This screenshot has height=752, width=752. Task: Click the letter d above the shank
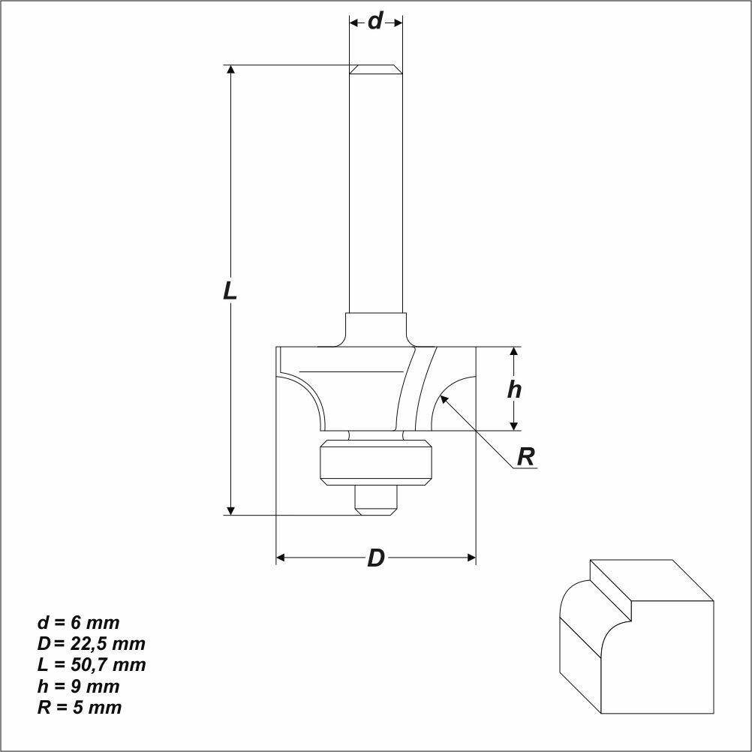[x=375, y=21]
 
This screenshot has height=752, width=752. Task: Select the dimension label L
[x=230, y=290]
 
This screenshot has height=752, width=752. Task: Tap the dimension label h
[x=514, y=390]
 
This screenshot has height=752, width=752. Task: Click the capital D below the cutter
[x=376, y=558]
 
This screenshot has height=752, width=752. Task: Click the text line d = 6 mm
[x=79, y=622]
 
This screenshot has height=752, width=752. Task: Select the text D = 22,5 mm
[x=91, y=644]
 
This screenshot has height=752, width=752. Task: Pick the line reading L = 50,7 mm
[x=92, y=665]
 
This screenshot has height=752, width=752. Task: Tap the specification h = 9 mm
[x=79, y=686]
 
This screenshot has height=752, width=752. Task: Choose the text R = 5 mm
[x=80, y=708]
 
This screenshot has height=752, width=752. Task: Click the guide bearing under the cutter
[x=376, y=462]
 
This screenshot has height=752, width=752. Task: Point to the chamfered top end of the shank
[x=376, y=69]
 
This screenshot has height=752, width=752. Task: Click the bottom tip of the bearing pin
[x=376, y=515]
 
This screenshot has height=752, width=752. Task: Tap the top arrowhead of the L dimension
[x=230, y=69]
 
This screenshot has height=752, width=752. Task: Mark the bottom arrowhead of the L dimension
[x=230, y=510]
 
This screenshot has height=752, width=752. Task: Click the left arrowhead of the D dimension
[x=281, y=558]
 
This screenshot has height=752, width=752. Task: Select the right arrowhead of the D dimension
[x=471, y=558]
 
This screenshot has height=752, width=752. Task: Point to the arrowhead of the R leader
[x=444, y=399]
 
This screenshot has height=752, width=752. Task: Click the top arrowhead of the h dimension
[x=514, y=351]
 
